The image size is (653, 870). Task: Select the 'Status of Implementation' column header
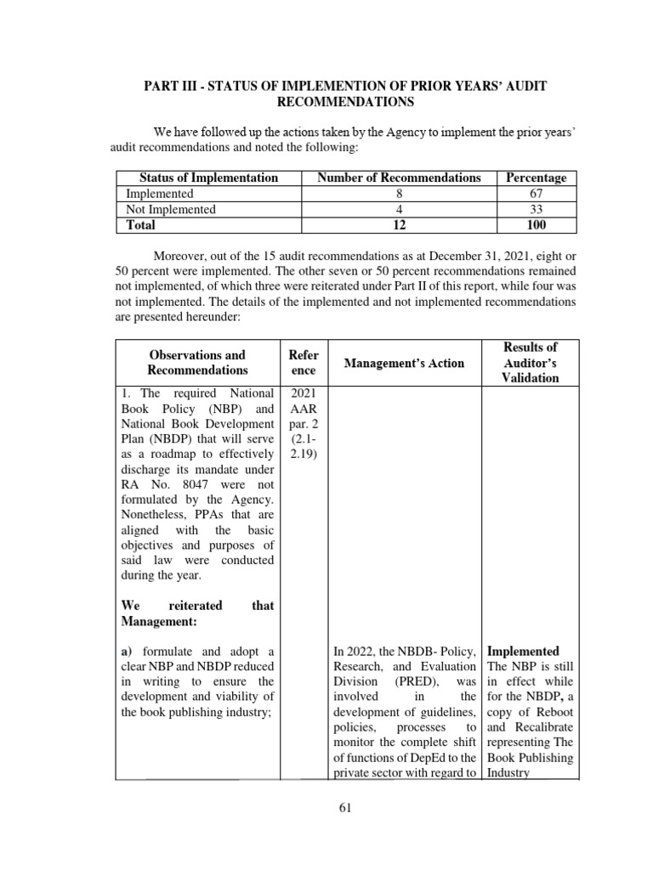click(x=208, y=178)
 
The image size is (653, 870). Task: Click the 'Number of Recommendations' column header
click(x=399, y=178)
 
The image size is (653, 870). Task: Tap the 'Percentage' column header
click(x=536, y=178)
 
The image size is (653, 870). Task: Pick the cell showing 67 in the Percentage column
click(x=536, y=194)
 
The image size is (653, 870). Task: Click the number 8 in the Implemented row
click(x=399, y=194)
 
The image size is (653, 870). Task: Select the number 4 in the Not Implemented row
click(x=399, y=209)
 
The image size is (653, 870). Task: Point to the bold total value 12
click(x=399, y=225)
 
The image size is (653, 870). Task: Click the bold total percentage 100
click(x=536, y=225)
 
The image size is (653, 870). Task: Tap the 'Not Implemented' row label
click(x=171, y=209)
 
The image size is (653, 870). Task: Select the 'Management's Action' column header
click(x=404, y=363)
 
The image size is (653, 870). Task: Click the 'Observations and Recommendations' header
click(x=197, y=363)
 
